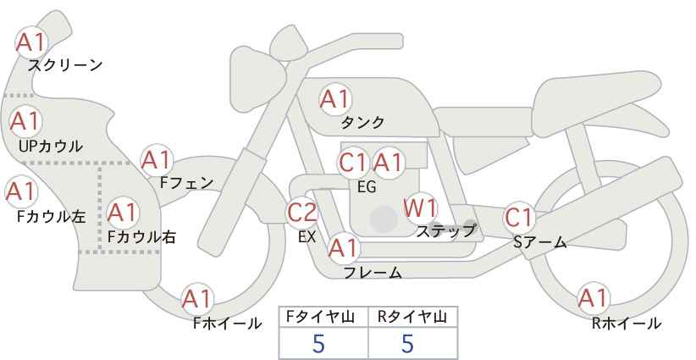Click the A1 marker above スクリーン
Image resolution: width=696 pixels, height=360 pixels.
pos(31,42)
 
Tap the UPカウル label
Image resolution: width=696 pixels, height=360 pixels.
pos(51,147)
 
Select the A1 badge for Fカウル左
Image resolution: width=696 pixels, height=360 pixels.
pos(21,191)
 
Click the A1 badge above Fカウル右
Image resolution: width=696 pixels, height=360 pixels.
pos(123,212)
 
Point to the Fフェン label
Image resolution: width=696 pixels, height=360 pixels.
pos(186,182)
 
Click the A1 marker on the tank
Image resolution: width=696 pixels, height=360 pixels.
pos(335,99)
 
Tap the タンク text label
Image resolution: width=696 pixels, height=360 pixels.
pos(362,122)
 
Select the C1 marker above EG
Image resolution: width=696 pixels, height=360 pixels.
pos(353,163)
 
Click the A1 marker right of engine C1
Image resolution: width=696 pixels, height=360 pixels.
pos(388,163)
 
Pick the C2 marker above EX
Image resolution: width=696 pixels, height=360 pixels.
pos(302,212)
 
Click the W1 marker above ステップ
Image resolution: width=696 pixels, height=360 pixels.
pos(420,208)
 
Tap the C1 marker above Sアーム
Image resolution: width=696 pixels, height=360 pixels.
pos(518,218)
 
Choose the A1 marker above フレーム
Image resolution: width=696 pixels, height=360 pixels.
pos(343,248)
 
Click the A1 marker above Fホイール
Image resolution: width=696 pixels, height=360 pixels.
pos(197,299)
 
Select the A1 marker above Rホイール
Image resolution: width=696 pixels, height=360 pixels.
pos(593,298)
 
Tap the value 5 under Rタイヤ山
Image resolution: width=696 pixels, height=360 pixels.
pos(407,343)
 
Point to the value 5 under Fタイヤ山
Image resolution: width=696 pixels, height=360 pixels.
pos(318,343)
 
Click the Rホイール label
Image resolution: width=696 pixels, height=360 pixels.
pos(627,324)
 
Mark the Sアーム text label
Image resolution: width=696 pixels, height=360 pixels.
pos(540,242)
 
